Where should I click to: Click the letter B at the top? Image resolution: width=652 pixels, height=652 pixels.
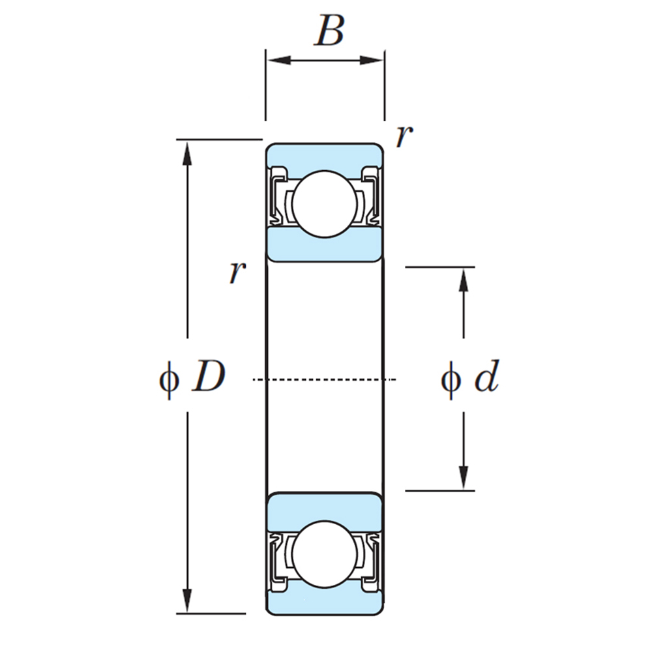tap(329, 31)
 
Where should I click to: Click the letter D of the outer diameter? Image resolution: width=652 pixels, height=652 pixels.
tap(208, 378)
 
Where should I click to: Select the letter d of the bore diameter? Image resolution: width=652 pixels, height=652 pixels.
tap(486, 379)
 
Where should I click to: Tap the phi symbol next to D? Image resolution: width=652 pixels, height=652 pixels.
tap(169, 379)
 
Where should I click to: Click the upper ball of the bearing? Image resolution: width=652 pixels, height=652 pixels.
tap(325, 203)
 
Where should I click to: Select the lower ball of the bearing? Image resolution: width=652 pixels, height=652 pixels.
tap(325, 554)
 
